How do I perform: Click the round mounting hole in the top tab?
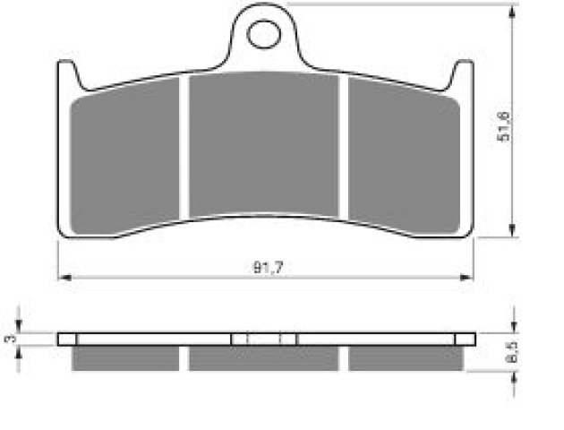tap(264, 35)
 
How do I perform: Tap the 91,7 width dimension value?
tap(269, 268)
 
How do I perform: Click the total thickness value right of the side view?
tap(512, 352)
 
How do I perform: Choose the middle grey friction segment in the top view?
tap(264, 144)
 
